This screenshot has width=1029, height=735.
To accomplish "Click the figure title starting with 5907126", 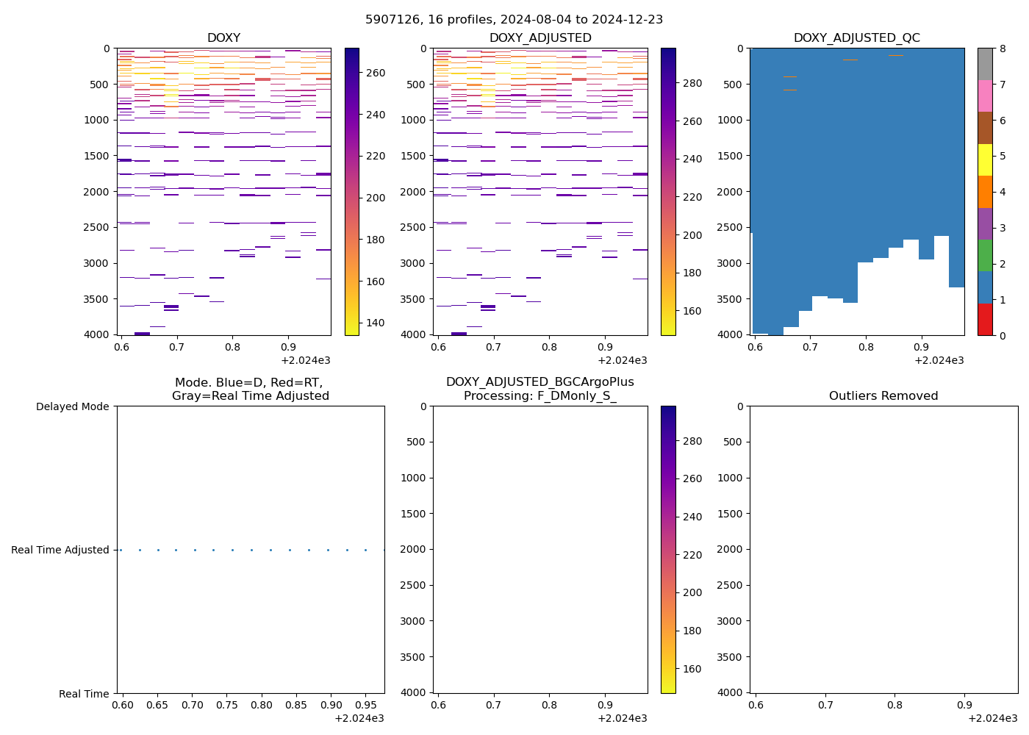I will pyautogui.click(x=514, y=19).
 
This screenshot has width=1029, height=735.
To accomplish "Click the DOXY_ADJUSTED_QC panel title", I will pyautogui.click(x=856, y=37).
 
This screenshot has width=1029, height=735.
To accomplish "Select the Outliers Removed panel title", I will pyautogui.click(x=883, y=395).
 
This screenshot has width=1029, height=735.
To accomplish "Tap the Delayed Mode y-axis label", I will pyautogui.click(x=72, y=406).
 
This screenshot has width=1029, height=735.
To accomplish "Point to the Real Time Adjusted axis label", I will pyautogui.click(x=60, y=550).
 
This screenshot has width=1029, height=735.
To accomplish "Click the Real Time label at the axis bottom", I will pyautogui.click(x=84, y=694).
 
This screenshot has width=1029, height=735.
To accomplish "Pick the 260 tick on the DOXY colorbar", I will pyautogui.click(x=376, y=73).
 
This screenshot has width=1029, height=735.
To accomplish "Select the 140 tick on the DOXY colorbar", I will pyautogui.click(x=376, y=323).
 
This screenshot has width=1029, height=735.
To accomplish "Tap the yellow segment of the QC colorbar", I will pyautogui.click(x=985, y=159).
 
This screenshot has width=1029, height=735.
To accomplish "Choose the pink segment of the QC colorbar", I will pyautogui.click(x=985, y=96).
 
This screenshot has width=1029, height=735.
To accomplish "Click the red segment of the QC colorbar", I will pyautogui.click(x=985, y=319).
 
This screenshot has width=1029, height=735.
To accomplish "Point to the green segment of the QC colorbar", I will pyautogui.click(x=985, y=255).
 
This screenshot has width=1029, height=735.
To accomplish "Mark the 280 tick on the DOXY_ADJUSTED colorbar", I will pyautogui.click(x=692, y=83).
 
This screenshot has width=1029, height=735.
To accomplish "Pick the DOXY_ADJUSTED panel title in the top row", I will pyautogui.click(x=540, y=37).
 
